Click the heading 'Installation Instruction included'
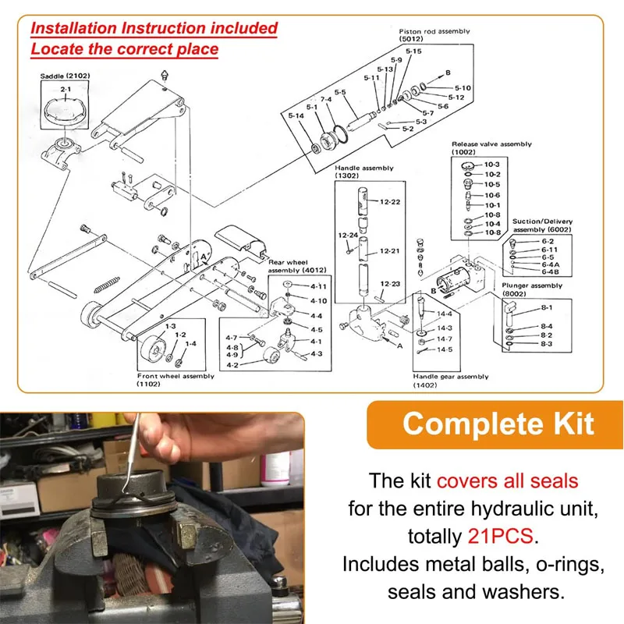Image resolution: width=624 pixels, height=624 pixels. (154, 28)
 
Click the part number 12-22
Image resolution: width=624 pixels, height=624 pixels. (390, 202)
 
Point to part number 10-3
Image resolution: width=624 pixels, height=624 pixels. (492, 164)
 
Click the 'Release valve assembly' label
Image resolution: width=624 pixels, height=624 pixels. (491, 144)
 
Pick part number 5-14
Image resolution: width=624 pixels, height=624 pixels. (296, 116)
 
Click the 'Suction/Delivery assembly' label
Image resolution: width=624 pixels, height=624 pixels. (542, 225)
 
